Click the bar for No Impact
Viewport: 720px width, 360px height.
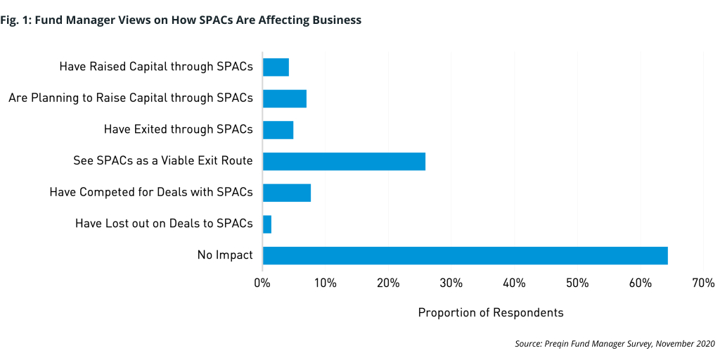pos(465,255)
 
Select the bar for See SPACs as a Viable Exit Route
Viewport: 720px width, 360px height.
pos(344,161)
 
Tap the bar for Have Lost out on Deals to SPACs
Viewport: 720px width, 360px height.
pos(267,224)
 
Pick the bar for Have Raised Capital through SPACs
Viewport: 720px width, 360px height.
pos(276,67)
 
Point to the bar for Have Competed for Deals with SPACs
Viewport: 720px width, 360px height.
pos(287,193)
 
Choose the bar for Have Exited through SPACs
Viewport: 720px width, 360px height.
pos(278,129)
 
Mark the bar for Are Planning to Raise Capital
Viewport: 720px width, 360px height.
pos(284,98)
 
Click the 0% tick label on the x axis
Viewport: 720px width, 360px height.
pos(262,283)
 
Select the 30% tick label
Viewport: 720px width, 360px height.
pos(451,283)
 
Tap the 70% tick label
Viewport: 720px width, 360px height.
pos(703,283)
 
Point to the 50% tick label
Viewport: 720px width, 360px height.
pos(577,283)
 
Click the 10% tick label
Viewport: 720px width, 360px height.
pos(325,283)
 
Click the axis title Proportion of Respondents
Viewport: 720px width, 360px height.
pos(491,312)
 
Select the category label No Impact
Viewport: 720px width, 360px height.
pos(225,255)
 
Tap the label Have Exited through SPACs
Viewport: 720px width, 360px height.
pos(178,129)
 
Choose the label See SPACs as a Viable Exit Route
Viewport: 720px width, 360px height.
pos(162,161)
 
